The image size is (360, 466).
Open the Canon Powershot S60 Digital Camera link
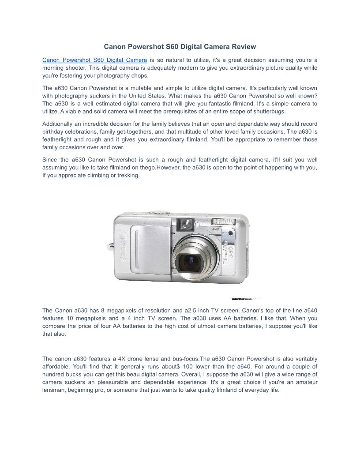pyautogui.click(x=94, y=60)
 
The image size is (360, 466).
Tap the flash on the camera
pyautogui.click(x=224, y=222)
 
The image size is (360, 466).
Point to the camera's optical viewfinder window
pyautogui.click(x=186, y=223)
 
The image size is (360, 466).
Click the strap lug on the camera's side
pyautogui.click(x=109, y=245)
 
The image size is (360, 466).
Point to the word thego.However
pyautogui.click(x=163, y=168)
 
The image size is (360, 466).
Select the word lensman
pyautogui.click(x=55, y=390)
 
